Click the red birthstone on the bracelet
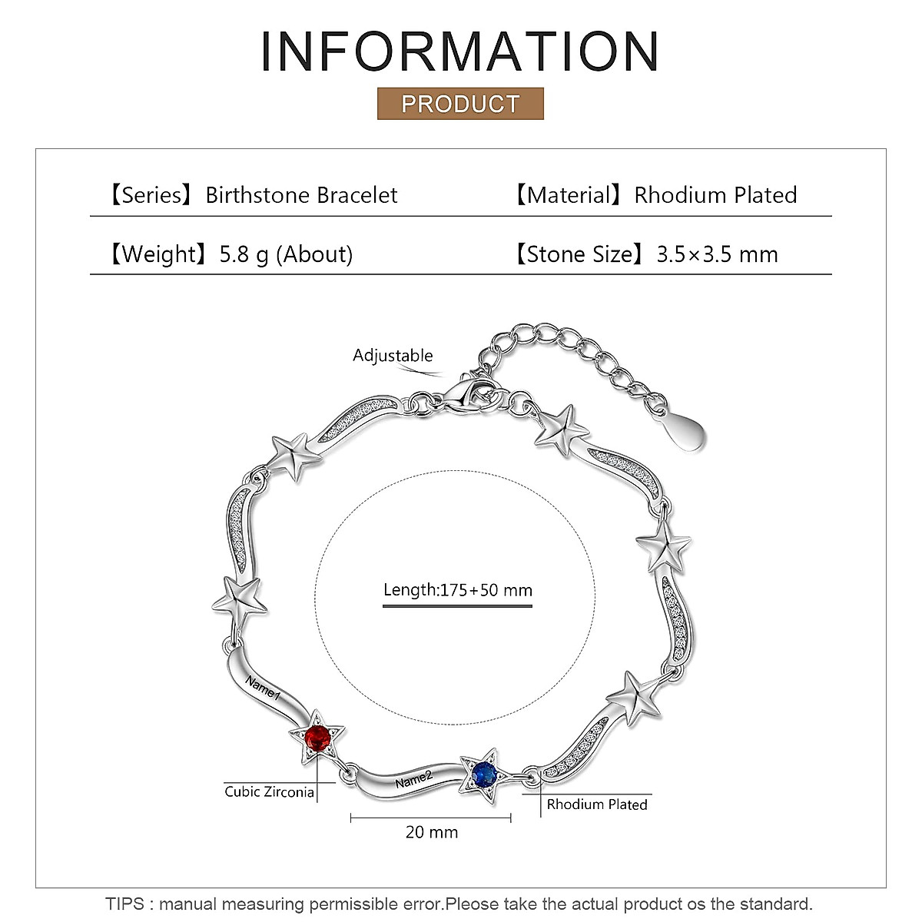pyautogui.click(x=317, y=739)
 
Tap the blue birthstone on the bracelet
pyautogui.click(x=483, y=774)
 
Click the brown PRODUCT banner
pyautogui.click(x=460, y=104)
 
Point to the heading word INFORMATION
pyautogui.click(x=460, y=52)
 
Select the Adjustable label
pyautogui.click(x=393, y=355)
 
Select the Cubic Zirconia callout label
pyautogui.click(x=269, y=791)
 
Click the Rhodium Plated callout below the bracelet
pyautogui.click(x=597, y=804)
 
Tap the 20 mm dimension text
pyautogui.click(x=432, y=832)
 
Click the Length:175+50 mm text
pyautogui.click(x=458, y=590)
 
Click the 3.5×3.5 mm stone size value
pyautogui.click(x=717, y=254)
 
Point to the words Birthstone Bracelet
pyautogui.click(x=301, y=195)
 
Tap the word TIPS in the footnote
pyautogui.click(x=124, y=904)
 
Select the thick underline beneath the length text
pyautogui.click(x=458, y=606)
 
